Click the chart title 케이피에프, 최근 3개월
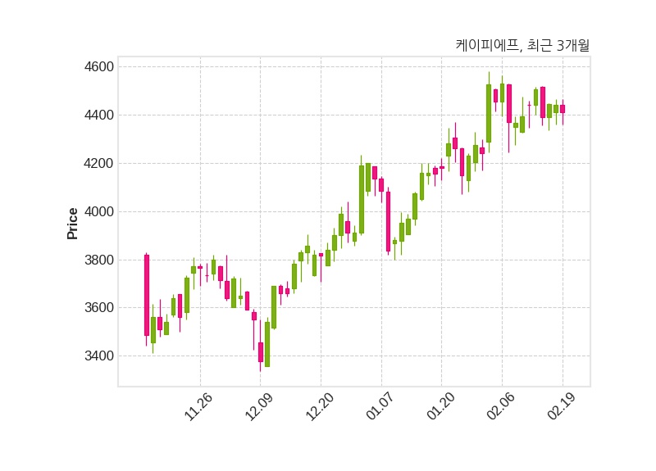coord(522,46)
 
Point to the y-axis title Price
coord(73,223)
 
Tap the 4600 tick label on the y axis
coord(100,66)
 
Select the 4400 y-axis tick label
coord(100,115)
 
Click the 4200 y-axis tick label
coord(100,163)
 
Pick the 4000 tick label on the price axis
coord(100,211)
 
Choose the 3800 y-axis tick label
coord(100,260)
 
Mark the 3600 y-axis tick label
coord(100,308)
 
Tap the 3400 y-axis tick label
coord(100,356)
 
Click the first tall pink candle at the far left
coord(147,295)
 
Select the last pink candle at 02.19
coord(563,109)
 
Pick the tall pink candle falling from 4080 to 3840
coord(388,221)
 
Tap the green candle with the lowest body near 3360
coord(267,344)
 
